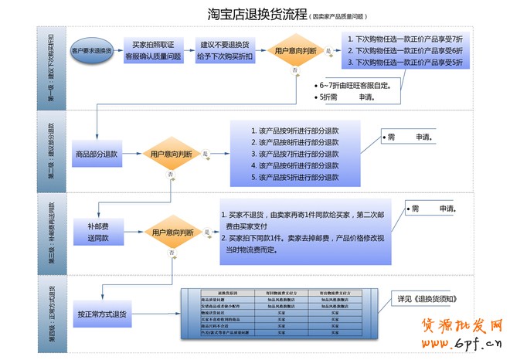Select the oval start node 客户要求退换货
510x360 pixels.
click(x=91, y=51)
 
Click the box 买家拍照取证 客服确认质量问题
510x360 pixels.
click(x=152, y=51)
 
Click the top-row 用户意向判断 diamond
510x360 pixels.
click(x=294, y=52)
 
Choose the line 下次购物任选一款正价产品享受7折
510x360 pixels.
click(x=408, y=39)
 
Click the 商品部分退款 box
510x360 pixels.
click(x=98, y=155)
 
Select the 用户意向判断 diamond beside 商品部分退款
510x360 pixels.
click(x=171, y=155)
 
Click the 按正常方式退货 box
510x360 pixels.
click(x=102, y=314)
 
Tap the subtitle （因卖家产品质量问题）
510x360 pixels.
click(x=338, y=16)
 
